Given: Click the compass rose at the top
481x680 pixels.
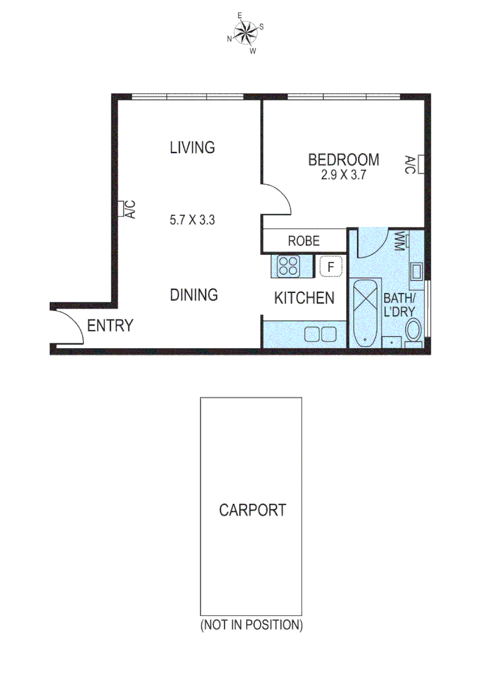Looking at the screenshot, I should [246, 31].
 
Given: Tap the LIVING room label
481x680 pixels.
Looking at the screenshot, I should [192, 148].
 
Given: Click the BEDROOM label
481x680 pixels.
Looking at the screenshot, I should [343, 160].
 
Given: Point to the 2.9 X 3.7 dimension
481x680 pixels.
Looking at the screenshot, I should [343, 176].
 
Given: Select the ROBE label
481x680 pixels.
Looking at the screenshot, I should [303, 241].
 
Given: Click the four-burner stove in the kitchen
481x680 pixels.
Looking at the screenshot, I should [289, 266].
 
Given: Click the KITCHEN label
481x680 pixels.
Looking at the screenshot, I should [304, 298].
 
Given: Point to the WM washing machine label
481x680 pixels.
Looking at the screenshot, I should [399, 242].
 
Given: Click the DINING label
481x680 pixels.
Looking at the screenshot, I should [194, 295].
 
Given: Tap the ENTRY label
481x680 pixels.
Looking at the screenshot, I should [110, 326].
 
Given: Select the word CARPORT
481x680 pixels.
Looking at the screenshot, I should [252, 510].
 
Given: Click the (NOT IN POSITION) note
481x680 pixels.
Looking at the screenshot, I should [251, 625].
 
